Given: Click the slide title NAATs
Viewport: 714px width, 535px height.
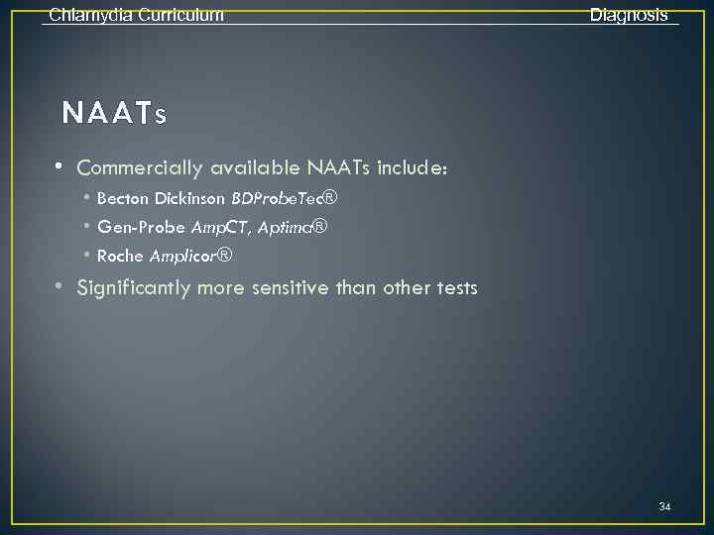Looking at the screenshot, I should click(x=114, y=114).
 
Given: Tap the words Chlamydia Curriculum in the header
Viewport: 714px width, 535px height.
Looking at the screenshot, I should click(x=136, y=15).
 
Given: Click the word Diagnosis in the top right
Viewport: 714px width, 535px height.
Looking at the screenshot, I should click(x=629, y=15).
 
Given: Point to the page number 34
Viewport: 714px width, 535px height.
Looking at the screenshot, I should click(x=664, y=507).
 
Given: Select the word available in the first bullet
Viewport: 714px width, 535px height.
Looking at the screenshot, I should click(x=254, y=168).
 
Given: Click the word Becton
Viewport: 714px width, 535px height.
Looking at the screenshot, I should click(x=123, y=198).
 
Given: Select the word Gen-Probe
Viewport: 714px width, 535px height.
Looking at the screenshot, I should click(x=141, y=228).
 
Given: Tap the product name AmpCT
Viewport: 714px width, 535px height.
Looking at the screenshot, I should click(x=220, y=228).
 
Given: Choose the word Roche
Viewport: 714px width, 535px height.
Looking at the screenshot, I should click(x=120, y=257).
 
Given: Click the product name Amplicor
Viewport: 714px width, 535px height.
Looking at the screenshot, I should click(x=183, y=257).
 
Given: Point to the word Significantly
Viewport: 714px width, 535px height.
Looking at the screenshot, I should click(x=134, y=288).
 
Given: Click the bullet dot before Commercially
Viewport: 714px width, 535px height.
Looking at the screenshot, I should click(x=60, y=165).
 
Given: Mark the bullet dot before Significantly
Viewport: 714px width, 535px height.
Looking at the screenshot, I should click(x=60, y=286).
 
